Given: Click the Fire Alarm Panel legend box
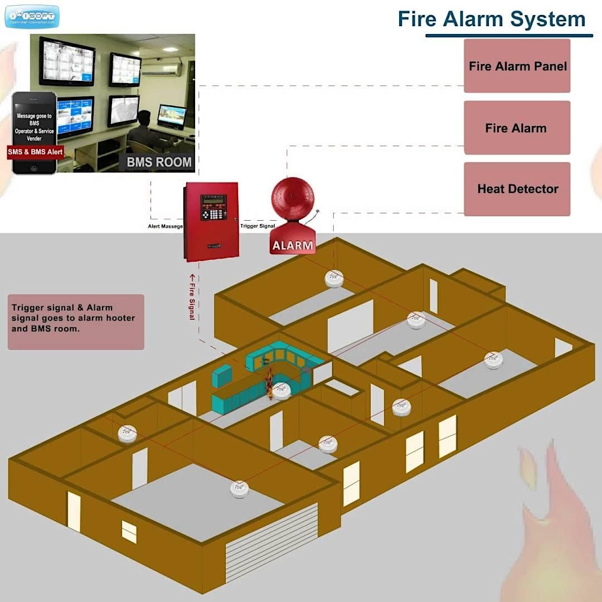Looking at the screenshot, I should [517, 66].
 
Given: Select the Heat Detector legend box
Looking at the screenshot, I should [517, 189].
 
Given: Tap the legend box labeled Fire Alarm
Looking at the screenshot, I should [517, 128].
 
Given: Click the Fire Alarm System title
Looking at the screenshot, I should [491, 20].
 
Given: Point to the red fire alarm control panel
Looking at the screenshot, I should [211, 221].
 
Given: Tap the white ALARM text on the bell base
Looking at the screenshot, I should [293, 245].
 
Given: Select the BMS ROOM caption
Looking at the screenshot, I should [159, 163].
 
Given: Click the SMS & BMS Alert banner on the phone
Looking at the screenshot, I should [35, 152].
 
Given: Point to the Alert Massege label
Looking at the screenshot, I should [165, 227].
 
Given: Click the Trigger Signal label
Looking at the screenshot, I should [258, 227].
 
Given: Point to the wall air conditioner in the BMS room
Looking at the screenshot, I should [161, 69].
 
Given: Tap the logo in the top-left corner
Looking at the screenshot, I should [32, 16].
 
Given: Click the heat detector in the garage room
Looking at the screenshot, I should [240, 489].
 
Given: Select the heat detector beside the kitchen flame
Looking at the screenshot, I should [281, 391].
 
